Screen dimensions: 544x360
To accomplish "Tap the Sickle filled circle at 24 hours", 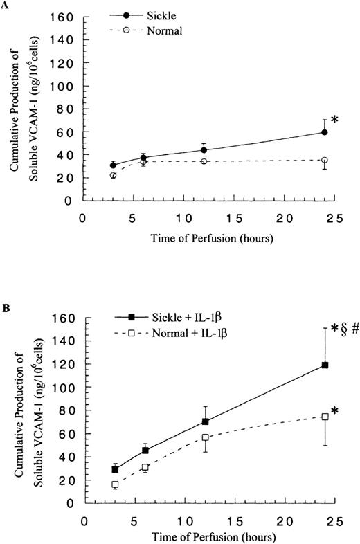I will tap(324, 132).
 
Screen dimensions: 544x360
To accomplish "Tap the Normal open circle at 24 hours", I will tap(324, 161).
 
